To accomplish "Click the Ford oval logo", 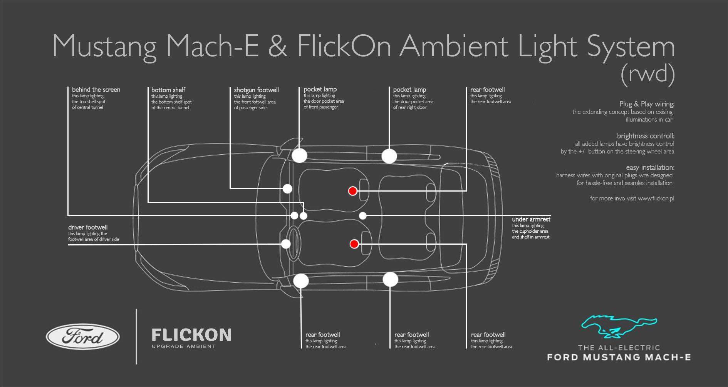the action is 83,337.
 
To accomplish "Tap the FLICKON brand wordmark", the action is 191,335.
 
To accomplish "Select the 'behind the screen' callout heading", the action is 96,90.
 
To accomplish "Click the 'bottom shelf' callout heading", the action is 168,90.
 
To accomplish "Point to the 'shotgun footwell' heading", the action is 256,90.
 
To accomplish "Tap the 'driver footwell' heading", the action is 88,227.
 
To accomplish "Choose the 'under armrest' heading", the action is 531,219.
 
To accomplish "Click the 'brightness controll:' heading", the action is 646,136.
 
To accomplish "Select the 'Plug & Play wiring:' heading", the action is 647,104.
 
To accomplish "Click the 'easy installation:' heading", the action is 650,167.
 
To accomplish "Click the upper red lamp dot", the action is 352,191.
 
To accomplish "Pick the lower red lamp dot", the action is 354,244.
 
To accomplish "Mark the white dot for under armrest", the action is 363,216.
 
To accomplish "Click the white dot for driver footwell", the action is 286,244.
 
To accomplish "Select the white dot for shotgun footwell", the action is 287,189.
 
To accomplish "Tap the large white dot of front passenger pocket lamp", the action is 299,155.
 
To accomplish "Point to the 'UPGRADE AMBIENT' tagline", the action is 184,346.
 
